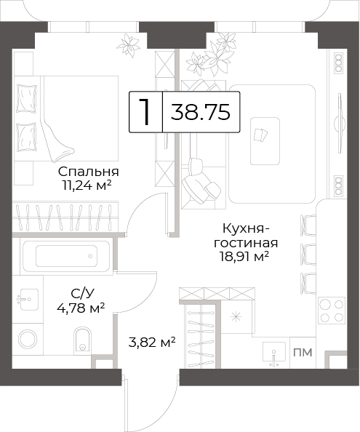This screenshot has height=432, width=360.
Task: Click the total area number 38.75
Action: (200, 112)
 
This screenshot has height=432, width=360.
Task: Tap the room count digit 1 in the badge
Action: (145, 112)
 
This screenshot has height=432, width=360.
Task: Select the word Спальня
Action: (89, 172)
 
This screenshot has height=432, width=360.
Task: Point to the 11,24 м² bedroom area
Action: (87, 185)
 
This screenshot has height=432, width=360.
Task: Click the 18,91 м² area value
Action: (244, 257)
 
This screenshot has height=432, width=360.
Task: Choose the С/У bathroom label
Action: (81, 294)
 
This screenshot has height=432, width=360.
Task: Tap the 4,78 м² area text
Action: (81, 308)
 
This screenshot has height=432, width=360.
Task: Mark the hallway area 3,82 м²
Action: (152, 343)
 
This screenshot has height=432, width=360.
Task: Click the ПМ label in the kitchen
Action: (303, 352)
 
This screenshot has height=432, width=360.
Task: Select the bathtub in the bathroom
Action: (66, 256)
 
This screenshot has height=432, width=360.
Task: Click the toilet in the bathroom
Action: (82, 340)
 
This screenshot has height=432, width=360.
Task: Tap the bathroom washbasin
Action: (27, 300)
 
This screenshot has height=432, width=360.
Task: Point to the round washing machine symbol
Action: (28, 338)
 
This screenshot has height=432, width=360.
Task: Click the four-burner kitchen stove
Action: (332, 311)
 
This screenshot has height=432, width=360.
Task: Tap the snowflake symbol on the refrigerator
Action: (236, 317)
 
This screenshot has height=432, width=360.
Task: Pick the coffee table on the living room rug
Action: (265, 141)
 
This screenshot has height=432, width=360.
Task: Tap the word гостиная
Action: (246, 243)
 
